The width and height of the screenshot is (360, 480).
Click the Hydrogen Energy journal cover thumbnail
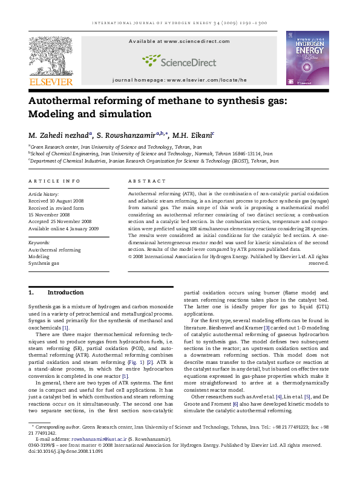point(307,57)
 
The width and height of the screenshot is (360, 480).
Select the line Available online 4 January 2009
point(64,229)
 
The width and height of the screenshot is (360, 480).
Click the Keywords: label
point(39,242)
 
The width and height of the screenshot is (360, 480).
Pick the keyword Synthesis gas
point(44,264)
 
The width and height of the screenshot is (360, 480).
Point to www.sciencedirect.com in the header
point(197,41)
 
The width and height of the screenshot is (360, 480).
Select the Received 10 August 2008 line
point(65,201)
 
